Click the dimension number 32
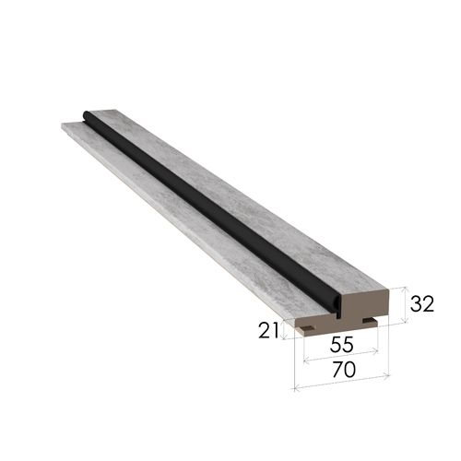click(x=422, y=304)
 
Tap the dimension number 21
click(x=268, y=330)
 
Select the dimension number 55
click(x=341, y=345)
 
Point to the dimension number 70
click(x=344, y=370)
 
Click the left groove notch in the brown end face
click(x=308, y=328)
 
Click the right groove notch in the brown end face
click(x=369, y=321)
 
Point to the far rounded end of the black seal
click(x=86, y=115)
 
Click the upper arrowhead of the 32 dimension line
click(x=405, y=289)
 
